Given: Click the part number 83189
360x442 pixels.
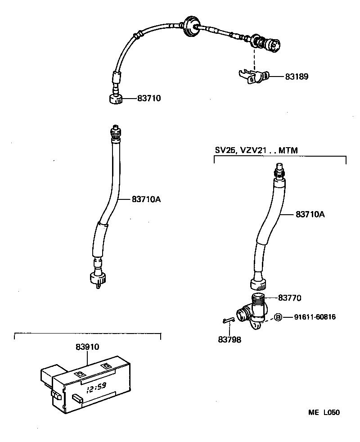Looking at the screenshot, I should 297,77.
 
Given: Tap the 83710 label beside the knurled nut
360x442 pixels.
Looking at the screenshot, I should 149,98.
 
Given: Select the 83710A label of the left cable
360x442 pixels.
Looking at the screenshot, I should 146,198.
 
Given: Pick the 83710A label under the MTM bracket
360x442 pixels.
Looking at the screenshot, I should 310,215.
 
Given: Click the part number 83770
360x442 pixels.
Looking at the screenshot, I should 289,298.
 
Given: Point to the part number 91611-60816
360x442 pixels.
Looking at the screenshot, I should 315,317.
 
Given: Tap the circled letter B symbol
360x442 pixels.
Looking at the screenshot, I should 278,317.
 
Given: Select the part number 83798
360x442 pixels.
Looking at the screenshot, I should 229,340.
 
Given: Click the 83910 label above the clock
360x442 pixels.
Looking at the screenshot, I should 87,347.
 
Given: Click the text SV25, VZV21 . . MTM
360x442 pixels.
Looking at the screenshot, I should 256,150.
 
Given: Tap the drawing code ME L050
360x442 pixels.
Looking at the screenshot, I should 324,412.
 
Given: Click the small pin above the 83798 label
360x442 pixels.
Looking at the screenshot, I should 228,320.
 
